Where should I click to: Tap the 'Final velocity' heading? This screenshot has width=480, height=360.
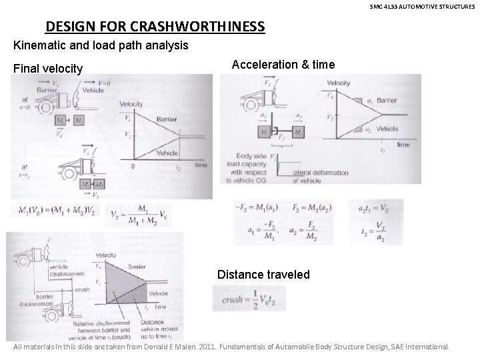pyautogui.click(x=48, y=69)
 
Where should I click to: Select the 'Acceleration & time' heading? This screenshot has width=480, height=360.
pyautogui.click(x=283, y=65)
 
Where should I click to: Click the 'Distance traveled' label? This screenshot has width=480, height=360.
pyautogui.click(x=263, y=274)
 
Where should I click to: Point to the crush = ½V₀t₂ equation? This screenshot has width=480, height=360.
pyautogui.click(x=249, y=298)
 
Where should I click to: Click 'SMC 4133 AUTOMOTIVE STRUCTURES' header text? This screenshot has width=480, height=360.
pyautogui.click(x=423, y=6)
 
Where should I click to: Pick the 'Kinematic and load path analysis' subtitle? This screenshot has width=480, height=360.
pyautogui.click(x=101, y=46)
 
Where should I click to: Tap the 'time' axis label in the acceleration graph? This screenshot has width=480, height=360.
pyautogui.click(x=403, y=143)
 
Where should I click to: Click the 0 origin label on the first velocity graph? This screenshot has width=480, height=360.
pyautogui.click(x=134, y=165)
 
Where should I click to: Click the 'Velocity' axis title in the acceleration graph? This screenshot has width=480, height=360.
pyautogui.click(x=338, y=83)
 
